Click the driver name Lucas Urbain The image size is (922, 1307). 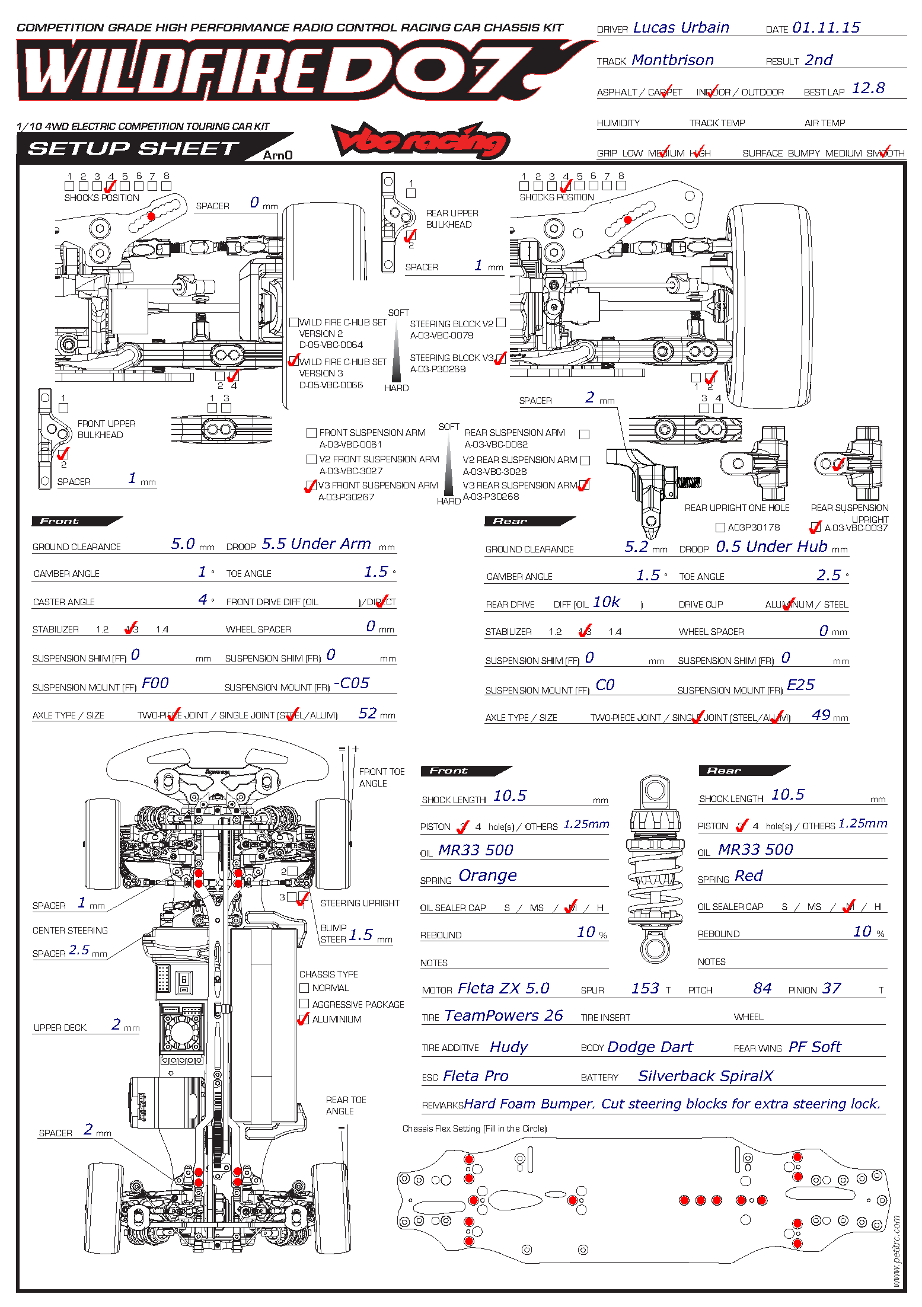tap(681, 28)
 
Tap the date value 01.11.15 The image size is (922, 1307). tap(826, 28)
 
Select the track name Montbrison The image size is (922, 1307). tap(672, 60)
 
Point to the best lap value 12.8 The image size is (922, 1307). tap(868, 88)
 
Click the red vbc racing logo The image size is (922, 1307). tap(420, 140)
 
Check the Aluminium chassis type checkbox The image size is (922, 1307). tap(304, 1020)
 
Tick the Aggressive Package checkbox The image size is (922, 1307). tap(304, 1004)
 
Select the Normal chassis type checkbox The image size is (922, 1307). tap(304, 988)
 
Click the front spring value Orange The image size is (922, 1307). tap(487, 875)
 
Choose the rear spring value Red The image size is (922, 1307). tap(749, 875)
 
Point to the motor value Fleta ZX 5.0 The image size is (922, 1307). tap(503, 988)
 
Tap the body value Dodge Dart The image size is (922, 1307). tap(650, 1047)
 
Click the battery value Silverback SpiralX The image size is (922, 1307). tap(706, 1076)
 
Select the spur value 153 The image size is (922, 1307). tap(645, 988)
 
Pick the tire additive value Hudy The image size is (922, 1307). tap(509, 1047)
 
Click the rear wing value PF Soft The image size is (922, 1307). tap(815, 1047)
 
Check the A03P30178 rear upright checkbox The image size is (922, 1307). tap(720, 528)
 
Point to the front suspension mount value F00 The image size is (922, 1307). tap(155, 683)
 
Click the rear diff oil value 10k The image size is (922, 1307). tap(607, 602)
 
